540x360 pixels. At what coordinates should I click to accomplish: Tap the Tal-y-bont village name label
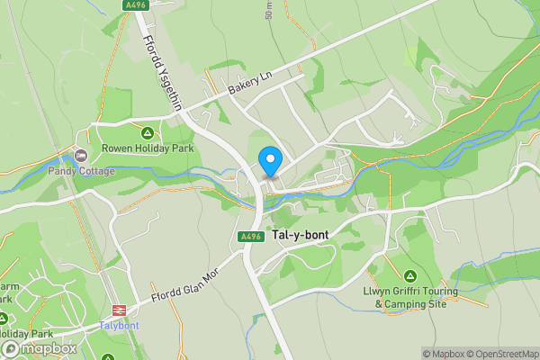(x=299, y=235)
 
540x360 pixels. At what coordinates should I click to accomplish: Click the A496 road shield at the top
(x=136, y=5)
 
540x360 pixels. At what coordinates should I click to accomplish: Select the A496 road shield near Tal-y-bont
(x=251, y=236)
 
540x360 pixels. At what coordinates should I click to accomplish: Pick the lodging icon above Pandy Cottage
(x=81, y=156)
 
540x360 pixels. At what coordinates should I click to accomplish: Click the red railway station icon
(x=118, y=310)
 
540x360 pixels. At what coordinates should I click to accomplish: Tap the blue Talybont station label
(x=119, y=325)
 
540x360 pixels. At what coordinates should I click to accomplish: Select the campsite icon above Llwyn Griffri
(x=410, y=275)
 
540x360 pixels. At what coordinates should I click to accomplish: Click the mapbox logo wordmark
(x=45, y=348)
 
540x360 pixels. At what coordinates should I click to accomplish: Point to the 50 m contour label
(x=269, y=10)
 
